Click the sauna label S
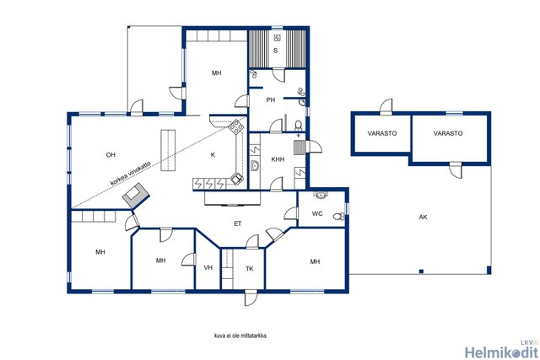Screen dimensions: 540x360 tap(276, 51)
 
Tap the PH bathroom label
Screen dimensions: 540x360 tap(271, 100)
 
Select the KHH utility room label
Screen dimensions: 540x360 tap(278, 159)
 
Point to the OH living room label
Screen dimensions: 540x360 tap(111, 155)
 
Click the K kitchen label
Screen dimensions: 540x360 tap(213, 155)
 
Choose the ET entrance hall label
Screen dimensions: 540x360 tap(238, 223)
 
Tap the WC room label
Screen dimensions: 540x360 tap(317, 214)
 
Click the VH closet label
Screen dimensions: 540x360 tap(208, 267)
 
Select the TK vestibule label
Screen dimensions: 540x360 tap(250, 268)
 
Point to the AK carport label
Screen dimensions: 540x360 tap(424, 217)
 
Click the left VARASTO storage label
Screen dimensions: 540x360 tap(382, 133)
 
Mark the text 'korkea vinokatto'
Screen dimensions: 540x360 tap(131, 173)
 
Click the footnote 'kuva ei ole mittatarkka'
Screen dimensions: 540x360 tap(240, 336)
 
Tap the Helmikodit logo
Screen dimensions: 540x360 tap(501, 350)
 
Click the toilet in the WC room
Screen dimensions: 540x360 tap(339, 216)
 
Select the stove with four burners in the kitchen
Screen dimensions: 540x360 tap(237, 126)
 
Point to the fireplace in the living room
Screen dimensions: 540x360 tap(136, 196)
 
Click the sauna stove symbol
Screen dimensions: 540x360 tap(278, 38)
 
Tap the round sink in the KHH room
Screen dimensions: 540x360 tap(255, 166)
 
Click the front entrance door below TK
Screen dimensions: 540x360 tap(251, 298)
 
